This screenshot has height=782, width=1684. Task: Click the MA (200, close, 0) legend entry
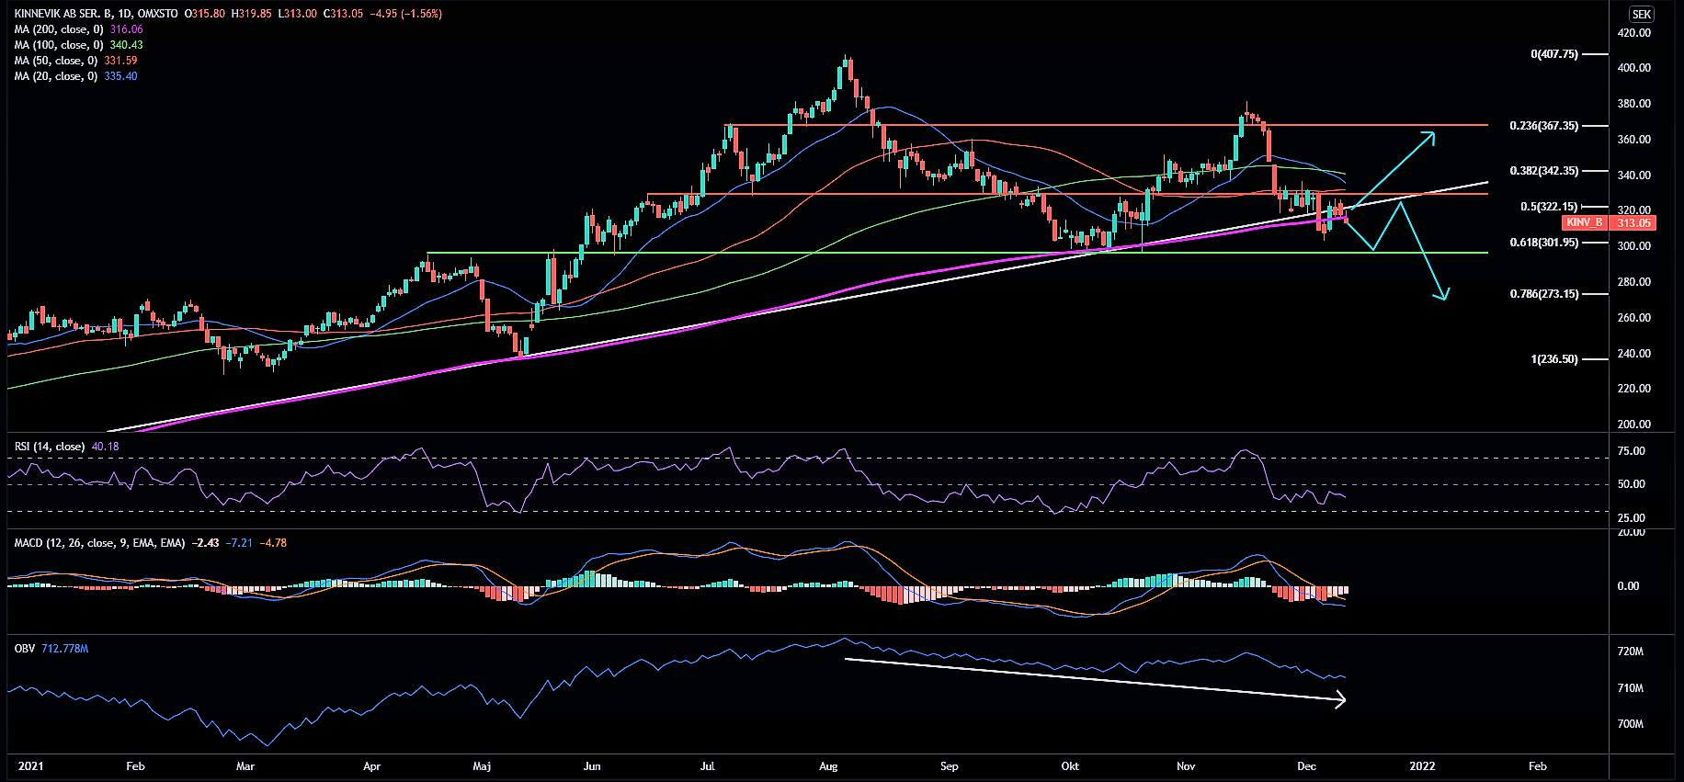coord(59,29)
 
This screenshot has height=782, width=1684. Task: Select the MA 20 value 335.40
coord(120,76)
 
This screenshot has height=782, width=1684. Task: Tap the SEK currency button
coord(1642,14)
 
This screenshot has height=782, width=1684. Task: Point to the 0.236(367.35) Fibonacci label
coord(1543,126)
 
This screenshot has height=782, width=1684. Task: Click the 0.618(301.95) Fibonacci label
coord(1543,243)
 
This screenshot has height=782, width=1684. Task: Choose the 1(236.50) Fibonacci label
coord(1553,359)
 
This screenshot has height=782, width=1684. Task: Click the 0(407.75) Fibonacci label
coord(1553,54)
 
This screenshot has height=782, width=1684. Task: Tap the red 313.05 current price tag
coord(1633,222)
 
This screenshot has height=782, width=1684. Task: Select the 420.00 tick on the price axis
coord(1633,33)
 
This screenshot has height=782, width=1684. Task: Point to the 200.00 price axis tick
coord(1633,425)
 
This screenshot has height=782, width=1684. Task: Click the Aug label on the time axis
coord(828,766)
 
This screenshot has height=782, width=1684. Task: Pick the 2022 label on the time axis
coord(1421,766)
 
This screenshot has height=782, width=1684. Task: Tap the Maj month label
coord(482,766)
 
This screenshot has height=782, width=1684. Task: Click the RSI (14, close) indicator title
coord(50,447)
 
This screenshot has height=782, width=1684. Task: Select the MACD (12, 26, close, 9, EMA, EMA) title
coord(99,543)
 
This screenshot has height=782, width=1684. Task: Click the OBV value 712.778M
coord(64,649)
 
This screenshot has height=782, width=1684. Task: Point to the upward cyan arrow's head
coord(1431,135)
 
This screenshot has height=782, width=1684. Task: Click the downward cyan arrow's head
coord(1444,296)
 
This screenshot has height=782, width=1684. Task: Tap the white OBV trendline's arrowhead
coord(1343,700)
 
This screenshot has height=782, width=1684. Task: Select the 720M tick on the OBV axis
coord(1630,652)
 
